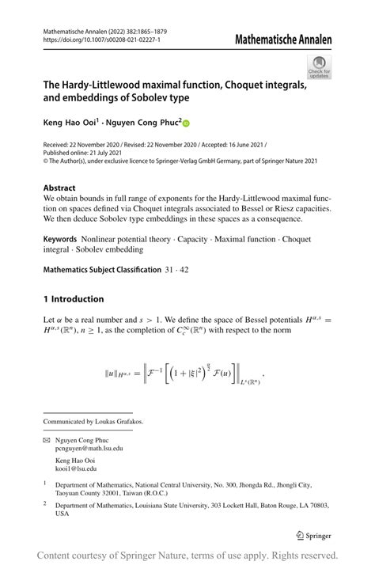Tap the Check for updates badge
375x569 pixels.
[319, 66]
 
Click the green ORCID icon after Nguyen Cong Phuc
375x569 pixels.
[187, 123]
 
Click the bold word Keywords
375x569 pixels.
[65, 237]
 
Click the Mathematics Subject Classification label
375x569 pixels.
[101, 270]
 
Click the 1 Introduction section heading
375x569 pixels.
[74, 299]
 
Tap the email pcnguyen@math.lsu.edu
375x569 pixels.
[89, 448]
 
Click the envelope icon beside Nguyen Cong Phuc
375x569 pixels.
[47, 438]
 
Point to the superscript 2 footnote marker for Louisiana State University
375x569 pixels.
[45, 502]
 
